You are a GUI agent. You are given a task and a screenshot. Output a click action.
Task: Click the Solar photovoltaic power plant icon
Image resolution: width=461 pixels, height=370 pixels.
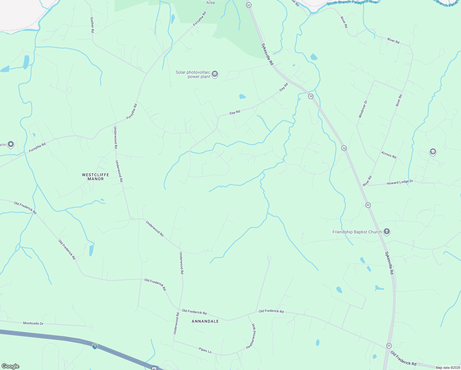click(215, 74)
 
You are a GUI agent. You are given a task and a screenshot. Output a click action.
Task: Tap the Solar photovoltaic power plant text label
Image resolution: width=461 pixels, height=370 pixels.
click(193, 75)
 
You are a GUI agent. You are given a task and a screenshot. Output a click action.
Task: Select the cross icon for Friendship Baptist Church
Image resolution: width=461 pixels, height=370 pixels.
click(387, 232)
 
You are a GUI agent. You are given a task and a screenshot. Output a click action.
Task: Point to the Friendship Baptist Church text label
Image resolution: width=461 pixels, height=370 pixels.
click(357, 232)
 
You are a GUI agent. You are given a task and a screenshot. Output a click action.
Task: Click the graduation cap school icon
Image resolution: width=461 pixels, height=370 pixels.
click(433, 151)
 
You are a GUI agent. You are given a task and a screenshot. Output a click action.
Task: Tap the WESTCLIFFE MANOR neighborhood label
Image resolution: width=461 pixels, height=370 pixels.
click(96, 177)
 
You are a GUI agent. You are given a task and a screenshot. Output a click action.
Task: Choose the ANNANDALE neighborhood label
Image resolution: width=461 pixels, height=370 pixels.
click(205, 321)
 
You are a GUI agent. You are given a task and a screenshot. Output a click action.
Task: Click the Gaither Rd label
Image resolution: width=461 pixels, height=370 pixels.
click(92, 25)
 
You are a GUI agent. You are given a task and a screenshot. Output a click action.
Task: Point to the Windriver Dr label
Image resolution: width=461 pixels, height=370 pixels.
click(363, 109)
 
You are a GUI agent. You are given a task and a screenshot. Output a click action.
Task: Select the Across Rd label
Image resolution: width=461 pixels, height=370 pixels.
click(389, 155)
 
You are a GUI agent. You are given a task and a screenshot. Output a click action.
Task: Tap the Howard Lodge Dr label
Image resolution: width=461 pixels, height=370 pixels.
click(400, 183)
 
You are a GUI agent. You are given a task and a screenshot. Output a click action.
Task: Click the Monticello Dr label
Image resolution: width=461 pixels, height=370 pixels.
click(33, 323)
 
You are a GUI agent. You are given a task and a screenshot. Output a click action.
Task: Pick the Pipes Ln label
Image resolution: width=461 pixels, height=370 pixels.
click(205, 350)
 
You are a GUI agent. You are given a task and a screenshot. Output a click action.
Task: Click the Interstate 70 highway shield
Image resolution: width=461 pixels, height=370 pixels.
click(95, 346)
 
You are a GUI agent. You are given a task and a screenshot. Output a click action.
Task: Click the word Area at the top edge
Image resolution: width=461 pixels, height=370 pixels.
click(210, 2)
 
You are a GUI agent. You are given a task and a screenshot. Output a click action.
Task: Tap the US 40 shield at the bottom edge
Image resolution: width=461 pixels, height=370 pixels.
click(154, 368)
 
